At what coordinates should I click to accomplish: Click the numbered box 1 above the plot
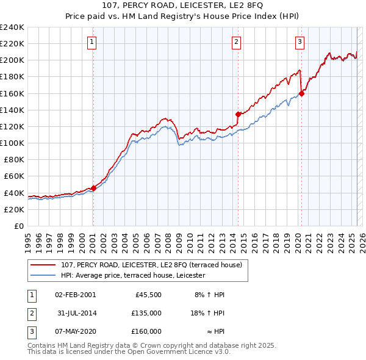point(91,42)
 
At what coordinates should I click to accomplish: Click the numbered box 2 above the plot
point(236,42)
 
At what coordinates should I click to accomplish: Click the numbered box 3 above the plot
point(300,42)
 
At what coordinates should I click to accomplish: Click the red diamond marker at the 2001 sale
point(93,188)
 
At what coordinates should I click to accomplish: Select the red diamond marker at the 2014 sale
point(238,113)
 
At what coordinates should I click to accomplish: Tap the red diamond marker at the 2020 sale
point(301,93)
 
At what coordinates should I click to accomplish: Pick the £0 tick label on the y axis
point(18,226)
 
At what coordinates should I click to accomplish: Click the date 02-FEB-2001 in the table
point(75,295)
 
